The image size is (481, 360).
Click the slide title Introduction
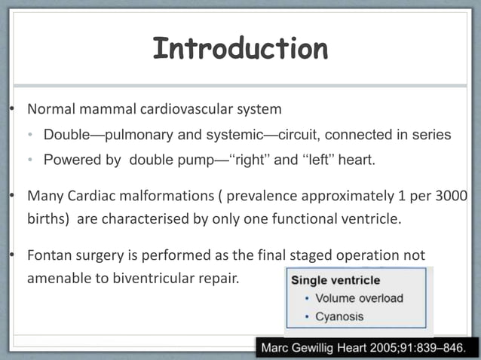[x=240, y=49]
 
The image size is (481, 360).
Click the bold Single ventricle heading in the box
[x=335, y=280]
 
